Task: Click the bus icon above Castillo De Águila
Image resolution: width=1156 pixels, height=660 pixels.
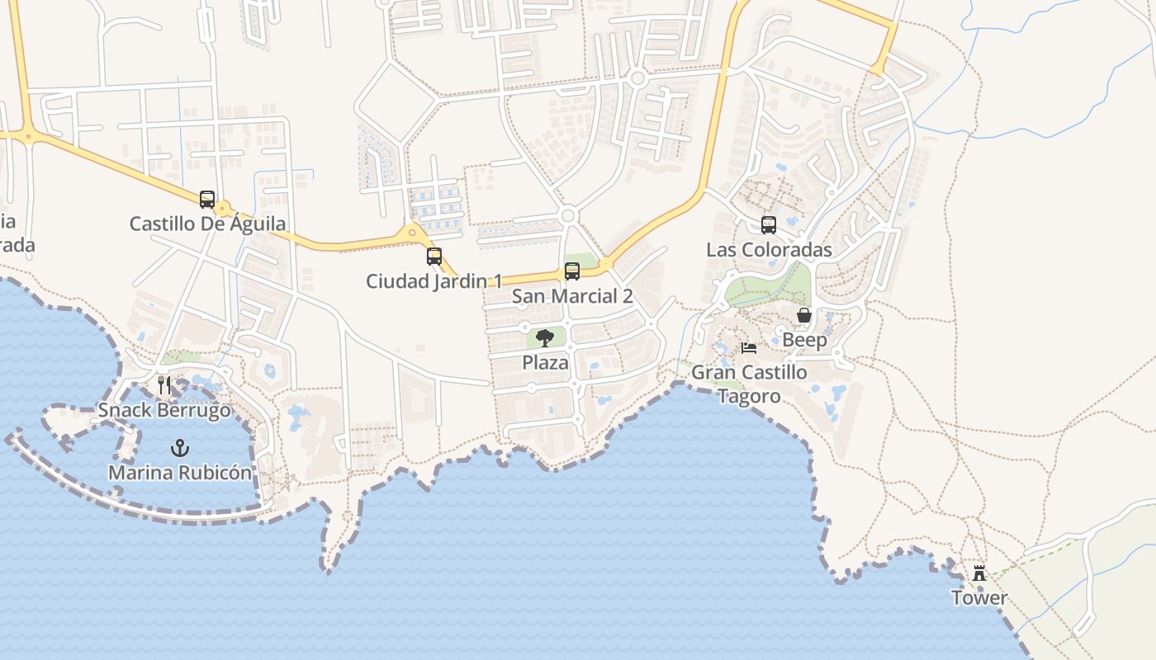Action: [x=207, y=199]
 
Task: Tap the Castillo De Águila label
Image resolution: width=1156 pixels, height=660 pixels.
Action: [x=208, y=224]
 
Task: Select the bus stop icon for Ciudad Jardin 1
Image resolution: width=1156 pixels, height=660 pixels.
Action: [x=434, y=256]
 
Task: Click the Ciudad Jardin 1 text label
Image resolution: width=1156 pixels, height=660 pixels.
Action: [x=433, y=281]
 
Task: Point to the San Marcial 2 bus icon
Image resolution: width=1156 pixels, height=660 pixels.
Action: [x=571, y=271]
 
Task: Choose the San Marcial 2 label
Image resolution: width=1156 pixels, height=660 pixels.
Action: [x=572, y=296]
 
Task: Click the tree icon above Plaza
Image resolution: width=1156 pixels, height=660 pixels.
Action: [x=545, y=337]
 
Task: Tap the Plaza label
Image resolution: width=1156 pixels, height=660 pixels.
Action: [x=545, y=362]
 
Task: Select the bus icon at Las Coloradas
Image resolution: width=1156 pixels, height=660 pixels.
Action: [x=769, y=224]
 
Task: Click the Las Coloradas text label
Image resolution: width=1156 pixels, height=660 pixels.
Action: [x=769, y=249]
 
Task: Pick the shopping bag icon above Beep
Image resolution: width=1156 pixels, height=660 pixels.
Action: [x=804, y=315]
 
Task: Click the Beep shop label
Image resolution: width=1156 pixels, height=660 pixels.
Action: [x=804, y=340]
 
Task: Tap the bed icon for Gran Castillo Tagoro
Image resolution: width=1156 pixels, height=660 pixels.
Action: [x=749, y=347]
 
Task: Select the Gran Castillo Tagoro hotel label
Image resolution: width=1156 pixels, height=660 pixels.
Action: [x=749, y=384]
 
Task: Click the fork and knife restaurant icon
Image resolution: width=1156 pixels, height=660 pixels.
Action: [x=164, y=385]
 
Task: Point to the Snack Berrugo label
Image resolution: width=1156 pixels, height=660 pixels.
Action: [x=164, y=410]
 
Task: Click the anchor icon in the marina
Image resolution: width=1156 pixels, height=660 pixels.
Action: [x=179, y=448]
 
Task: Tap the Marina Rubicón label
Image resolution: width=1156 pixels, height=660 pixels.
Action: [x=180, y=473]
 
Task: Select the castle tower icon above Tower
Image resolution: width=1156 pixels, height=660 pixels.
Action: [x=979, y=573]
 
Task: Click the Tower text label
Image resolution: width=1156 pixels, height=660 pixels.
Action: [x=979, y=597]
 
